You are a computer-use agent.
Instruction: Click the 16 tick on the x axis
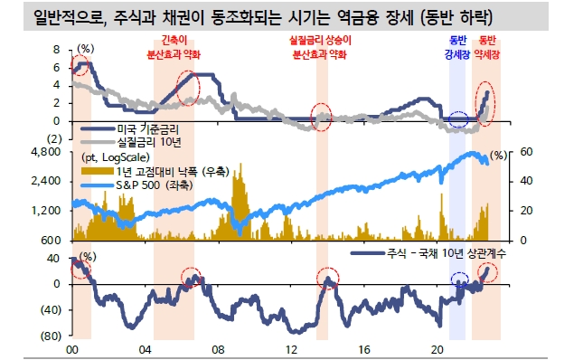364,349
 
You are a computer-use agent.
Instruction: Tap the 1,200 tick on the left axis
46,210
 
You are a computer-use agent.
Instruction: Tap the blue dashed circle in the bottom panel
461,279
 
